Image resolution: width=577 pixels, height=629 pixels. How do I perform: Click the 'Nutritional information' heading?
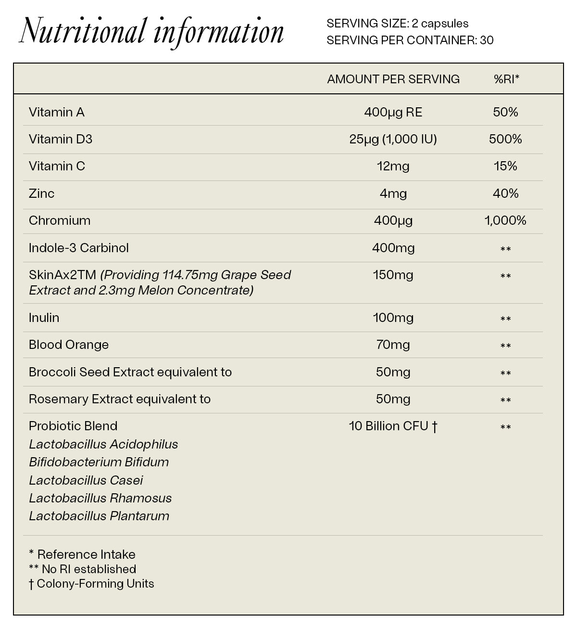tap(151, 32)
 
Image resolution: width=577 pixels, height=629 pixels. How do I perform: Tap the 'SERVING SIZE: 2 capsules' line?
tap(397, 24)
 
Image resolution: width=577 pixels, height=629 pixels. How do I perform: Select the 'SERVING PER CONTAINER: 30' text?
tap(410, 40)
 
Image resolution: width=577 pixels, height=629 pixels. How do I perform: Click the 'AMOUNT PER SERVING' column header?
tap(393, 79)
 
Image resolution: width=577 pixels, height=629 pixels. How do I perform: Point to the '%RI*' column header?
tap(506, 79)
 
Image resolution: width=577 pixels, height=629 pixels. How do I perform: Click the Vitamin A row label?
tap(57, 113)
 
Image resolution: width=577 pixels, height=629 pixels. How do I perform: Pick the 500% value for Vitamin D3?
tap(505, 140)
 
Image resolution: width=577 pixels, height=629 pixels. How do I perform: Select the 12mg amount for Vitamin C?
tap(393, 167)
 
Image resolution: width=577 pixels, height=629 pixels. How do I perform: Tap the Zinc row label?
tap(41, 194)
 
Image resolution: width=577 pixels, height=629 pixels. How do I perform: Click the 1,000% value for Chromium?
tap(505, 221)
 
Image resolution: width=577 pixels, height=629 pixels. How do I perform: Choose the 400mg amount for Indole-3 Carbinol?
tap(393, 248)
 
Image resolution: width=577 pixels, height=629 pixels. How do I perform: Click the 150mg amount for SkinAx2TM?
tap(393, 275)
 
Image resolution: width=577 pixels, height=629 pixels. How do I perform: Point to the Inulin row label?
tap(44, 318)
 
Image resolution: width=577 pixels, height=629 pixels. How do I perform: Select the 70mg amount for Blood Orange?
tap(393, 345)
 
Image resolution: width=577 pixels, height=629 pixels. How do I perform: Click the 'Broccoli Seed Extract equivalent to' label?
tap(130, 372)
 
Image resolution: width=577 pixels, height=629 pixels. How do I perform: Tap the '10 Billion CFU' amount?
tap(393, 426)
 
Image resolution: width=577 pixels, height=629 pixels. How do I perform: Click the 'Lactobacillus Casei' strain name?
tap(86, 480)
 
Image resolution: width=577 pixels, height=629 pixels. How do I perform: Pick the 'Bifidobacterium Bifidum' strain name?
tap(99, 462)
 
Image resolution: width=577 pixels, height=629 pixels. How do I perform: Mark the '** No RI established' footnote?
tap(82, 569)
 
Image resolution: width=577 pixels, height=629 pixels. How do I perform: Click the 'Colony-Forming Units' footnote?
tap(95, 584)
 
